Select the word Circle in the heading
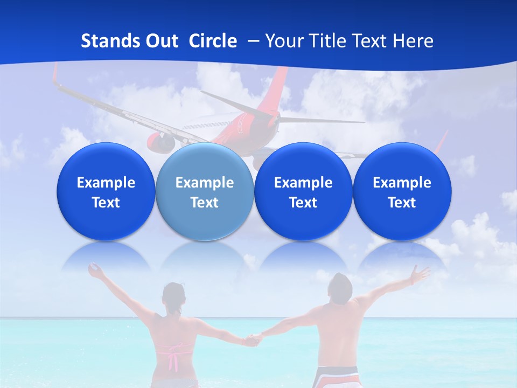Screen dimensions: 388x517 click(x=213, y=41)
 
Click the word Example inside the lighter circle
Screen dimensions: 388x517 click(x=205, y=183)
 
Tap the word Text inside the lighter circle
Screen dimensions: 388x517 click(x=205, y=203)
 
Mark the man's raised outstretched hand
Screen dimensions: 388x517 click(x=417, y=274)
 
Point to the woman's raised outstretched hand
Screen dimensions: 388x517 click(x=96, y=271)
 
